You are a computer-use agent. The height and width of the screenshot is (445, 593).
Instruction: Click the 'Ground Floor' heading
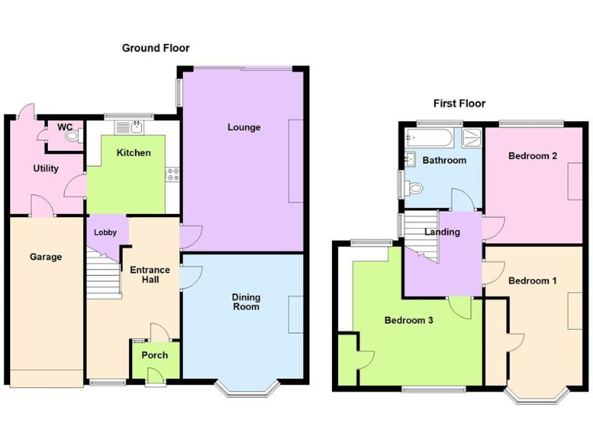pyautogui.click(x=155, y=48)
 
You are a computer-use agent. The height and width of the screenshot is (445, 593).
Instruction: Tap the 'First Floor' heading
pyautogui.click(x=459, y=104)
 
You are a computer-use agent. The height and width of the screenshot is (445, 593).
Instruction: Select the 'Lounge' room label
pyautogui.click(x=243, y=127)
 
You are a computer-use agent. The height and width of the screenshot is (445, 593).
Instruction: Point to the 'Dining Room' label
pyautogui.click(x=246, y=302)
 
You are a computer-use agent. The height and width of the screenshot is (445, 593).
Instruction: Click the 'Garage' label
pyautogui.click(x=46, y=256)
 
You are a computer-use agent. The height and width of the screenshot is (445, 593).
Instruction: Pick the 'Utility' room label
pyautogui.click(x=46, y=168)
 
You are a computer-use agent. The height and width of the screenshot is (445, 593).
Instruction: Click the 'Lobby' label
pyautogui.click(x=105, y=233)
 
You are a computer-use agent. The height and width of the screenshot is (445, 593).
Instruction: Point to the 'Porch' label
pyautogui.click(x=154, y=355)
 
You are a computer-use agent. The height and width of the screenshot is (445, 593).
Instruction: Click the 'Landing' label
pyautogui.click(x=442, y=232)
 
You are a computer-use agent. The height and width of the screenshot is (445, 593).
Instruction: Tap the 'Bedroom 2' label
pyautogui.click(x=533, y=156)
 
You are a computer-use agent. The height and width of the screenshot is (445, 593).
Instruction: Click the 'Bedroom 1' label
pyautogui.click(x=533, y=280)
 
